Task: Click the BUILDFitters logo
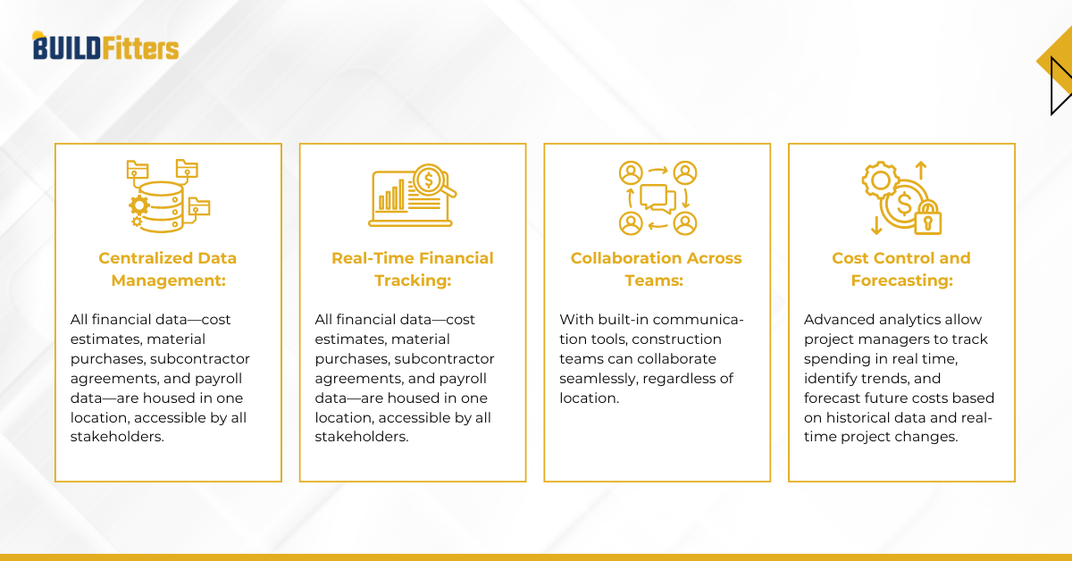(x=105, y=46)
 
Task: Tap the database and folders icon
(x=168, y=197)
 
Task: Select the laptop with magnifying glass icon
(x=412, y=197)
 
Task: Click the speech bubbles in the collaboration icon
(x=657, y=197)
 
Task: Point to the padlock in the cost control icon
(x=928, y=217)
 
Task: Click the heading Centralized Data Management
(x=168, y=269)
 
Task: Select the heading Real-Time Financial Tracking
(x=412, y=269)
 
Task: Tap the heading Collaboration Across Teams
(x=657, y=269)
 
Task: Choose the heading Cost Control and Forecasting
(x=900, y=269)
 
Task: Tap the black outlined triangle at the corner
(x=1059, y=85)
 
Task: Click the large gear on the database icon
(x=138, y=205)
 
